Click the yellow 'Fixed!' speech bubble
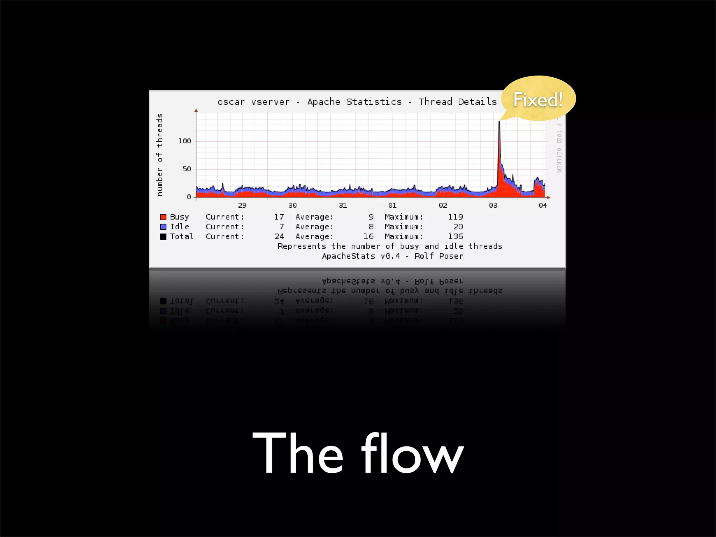pyautogui.click(x=538, y=99)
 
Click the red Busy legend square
pyautogui.click(x=163, y=217)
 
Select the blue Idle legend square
pyautogui.click(x=163, y=227)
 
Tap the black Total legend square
pyautogui.click(x=163, y=237)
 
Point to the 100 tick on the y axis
pyautogui.click(x=185, y=141)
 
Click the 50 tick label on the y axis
pyautogui.click(x=187, y=169)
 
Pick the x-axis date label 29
pyautogui.click(x=242, y=205)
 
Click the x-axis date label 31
pyautogui.click(x=343, y=205)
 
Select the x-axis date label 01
pyautogui.click(x=392, y=205)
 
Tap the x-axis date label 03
pyautogui.click(x=493, y=205)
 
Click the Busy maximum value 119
pyautogui.click(x=456, y=217)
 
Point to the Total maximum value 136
pyautogui.click(x=456, y=237)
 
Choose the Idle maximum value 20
pyautogui.click(x=458, y=227)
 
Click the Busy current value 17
pyautogui.click(x=279, y=217)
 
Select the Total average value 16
pyautogui.click(x=368, y=237)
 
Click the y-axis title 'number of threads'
pyautogui.click(x=160, y=155)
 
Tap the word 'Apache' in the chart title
pyautogui.click(x=324, y=102)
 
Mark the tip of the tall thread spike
pyautogui.click(x=499, y=121)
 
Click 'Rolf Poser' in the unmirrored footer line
pyautogui.click(x=439, y=256)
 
